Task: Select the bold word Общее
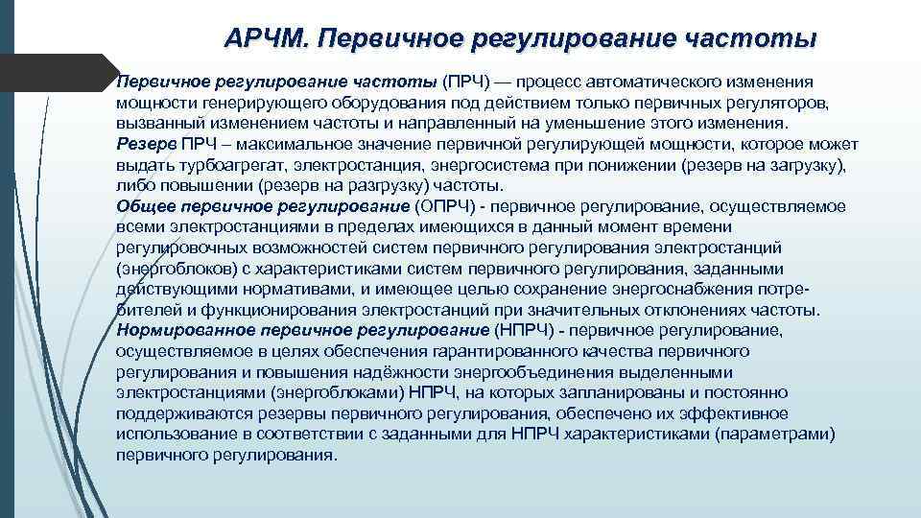144,206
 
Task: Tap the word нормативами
286,289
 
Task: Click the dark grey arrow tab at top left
53,73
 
